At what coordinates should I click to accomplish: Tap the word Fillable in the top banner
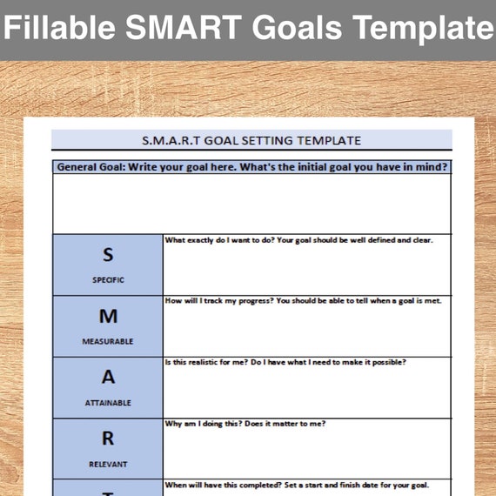coord(60,29)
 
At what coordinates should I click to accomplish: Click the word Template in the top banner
coord(417,29)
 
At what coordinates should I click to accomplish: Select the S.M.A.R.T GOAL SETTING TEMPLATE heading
coord(251,140)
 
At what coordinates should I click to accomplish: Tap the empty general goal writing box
coord(251,204)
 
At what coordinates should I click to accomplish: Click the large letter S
coord(108,255)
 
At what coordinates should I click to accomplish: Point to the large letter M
coord(108,316)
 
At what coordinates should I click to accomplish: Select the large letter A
coord(108,378)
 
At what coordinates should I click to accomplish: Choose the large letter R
coord(108,439)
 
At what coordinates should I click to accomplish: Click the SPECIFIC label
coord(108,280)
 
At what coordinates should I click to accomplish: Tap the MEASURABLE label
coord(108,341)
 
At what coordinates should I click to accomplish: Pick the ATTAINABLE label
coord(108,403)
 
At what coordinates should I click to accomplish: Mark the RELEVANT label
coord(108,464)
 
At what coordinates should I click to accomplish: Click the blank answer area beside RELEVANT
coord(306,452)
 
